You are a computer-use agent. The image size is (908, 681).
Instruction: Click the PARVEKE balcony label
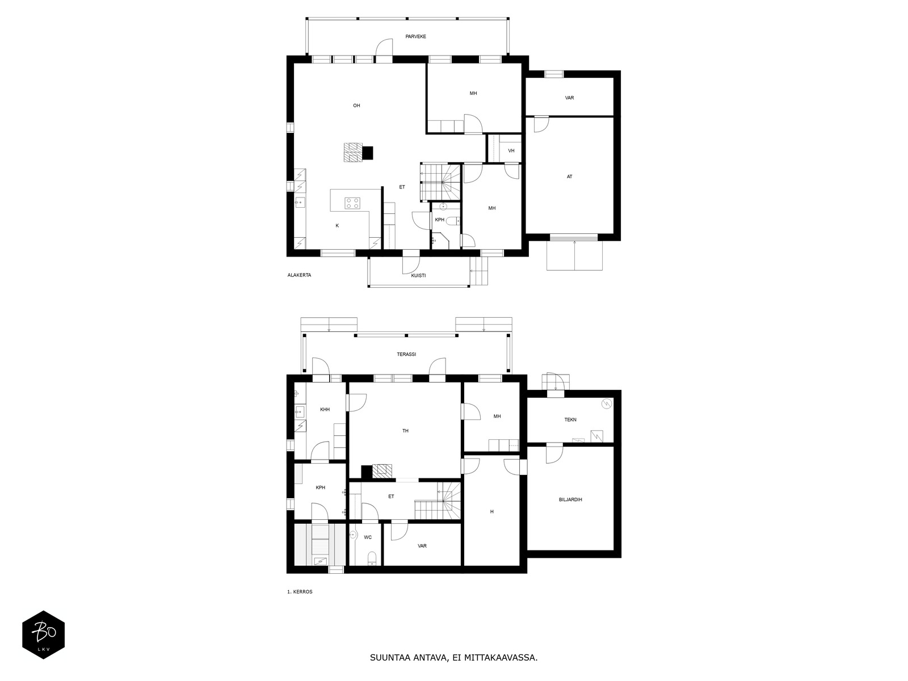tap(415, 36)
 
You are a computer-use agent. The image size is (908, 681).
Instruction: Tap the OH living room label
tap(356, 106)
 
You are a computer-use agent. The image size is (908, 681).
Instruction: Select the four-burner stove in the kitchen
tap(352, 203)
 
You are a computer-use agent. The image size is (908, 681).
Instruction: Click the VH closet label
tap(511, 151)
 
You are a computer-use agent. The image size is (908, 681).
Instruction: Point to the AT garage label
tap(569, 176)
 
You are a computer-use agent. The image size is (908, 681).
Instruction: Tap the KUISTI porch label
tap(418, 275)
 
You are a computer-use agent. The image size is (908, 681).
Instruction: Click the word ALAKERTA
tap(299, 275)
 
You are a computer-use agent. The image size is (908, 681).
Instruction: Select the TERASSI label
tap(406, 354)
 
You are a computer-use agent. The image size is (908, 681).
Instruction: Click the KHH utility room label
tap(325, 409)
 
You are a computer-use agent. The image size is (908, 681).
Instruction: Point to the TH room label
tap(405, 431)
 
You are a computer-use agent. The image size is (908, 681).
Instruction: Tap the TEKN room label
tap(570, 420)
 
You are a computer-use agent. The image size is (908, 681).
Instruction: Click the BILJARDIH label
tap(570, 499)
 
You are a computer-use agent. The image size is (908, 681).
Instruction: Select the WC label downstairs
tap(367, 537)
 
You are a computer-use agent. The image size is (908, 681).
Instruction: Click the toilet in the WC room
tap(372, 558)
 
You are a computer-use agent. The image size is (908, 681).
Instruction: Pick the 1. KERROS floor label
tap(300, 592)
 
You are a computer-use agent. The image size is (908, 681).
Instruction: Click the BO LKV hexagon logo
tap(44, 634)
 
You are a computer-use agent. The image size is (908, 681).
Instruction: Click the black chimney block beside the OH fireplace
tap(368, 153)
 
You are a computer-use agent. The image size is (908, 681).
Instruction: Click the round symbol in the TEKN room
tap(607, 403)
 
